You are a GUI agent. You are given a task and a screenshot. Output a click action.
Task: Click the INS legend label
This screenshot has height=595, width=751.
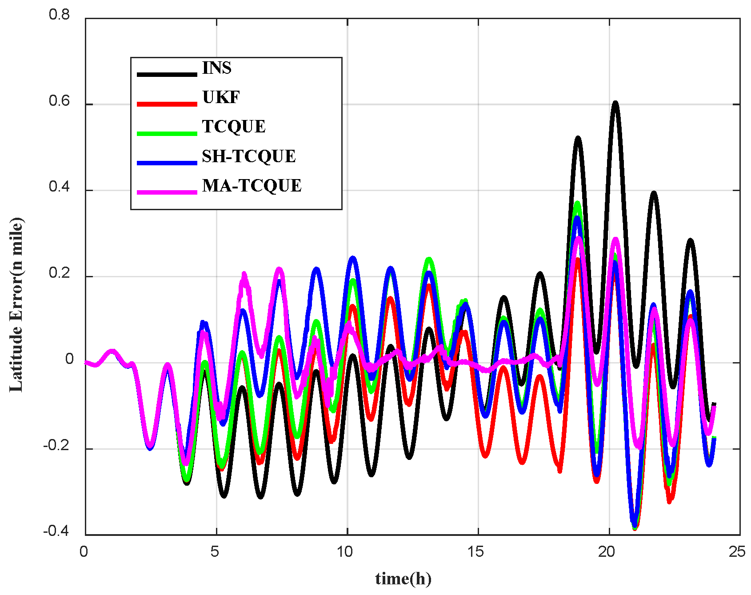[x=216, y=68]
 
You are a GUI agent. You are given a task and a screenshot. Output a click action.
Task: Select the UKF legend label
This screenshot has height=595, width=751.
[x=221, y=97]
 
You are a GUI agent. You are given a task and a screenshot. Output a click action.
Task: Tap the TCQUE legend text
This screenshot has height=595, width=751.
[x=234, y=127]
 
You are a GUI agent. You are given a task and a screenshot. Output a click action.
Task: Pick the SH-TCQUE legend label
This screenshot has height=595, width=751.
[x=248, y=156]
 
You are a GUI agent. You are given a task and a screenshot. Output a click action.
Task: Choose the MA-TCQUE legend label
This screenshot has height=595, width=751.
[x=252, y=186]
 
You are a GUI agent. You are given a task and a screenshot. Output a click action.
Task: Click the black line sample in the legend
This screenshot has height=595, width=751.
[x=167, y=74]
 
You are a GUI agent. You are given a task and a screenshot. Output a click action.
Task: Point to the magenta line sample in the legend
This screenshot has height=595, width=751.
[x=167, y=192]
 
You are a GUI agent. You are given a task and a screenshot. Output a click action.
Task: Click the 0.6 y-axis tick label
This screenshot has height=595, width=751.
[x=60, y=101]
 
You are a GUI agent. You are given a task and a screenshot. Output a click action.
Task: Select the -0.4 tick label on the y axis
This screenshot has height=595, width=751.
[x=56, y=531]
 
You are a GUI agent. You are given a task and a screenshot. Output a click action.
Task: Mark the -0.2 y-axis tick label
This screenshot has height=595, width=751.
[x=56, y=446]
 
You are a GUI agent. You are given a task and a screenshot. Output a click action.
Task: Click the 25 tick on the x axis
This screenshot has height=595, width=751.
[x=737, y=552]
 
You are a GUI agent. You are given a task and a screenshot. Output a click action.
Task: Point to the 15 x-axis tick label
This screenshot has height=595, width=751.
[x=475, y=552]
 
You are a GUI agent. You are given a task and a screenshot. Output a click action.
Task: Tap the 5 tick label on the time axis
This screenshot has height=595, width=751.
[x=215, y=552]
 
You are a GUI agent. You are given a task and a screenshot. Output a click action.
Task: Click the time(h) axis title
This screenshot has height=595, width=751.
[x=403, y=579]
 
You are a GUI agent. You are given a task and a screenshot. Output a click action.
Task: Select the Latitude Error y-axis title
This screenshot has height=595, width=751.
[x=16, y=305]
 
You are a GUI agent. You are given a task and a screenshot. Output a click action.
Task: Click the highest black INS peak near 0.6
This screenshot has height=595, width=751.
[x=615, y=103]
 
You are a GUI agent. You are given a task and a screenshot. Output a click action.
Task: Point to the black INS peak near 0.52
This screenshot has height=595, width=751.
[x=578, y=138]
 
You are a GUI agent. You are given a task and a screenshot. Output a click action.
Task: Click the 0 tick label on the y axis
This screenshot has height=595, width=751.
[x=69, y=359]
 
